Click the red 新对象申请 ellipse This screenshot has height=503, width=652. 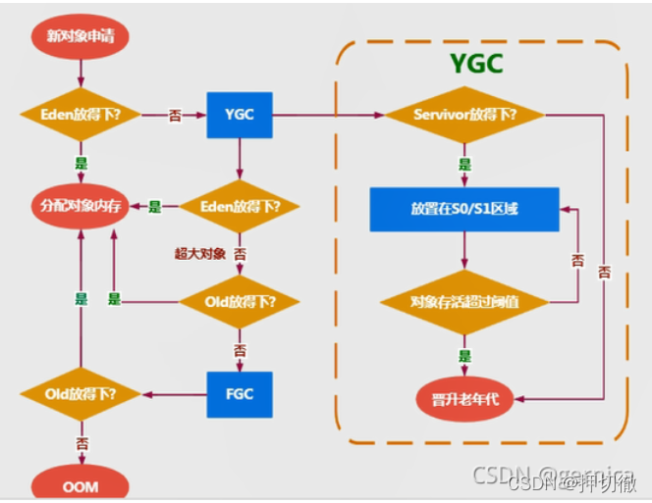pos(80,36)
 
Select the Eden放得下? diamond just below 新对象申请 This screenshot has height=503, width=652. pos(80,114)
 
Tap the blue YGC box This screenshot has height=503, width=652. pos(239,114)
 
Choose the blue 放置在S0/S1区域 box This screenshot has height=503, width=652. pos(463,209)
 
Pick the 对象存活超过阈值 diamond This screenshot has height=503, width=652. pos(463,302)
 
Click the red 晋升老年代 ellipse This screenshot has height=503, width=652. pos(463,400)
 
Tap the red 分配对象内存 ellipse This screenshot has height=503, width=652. pos(80,207)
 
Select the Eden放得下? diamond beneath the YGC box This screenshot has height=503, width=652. pos(239,207)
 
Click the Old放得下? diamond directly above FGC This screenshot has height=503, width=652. pos(239,302)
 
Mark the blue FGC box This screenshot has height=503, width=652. pos(239,394)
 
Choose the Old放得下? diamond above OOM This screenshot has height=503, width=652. pos(80,394)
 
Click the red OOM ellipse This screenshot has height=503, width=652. pos(80,484)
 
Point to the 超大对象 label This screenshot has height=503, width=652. pos(200,254)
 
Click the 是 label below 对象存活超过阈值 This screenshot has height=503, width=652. pos(463,357)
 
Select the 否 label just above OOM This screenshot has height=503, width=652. pos(80,443)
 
